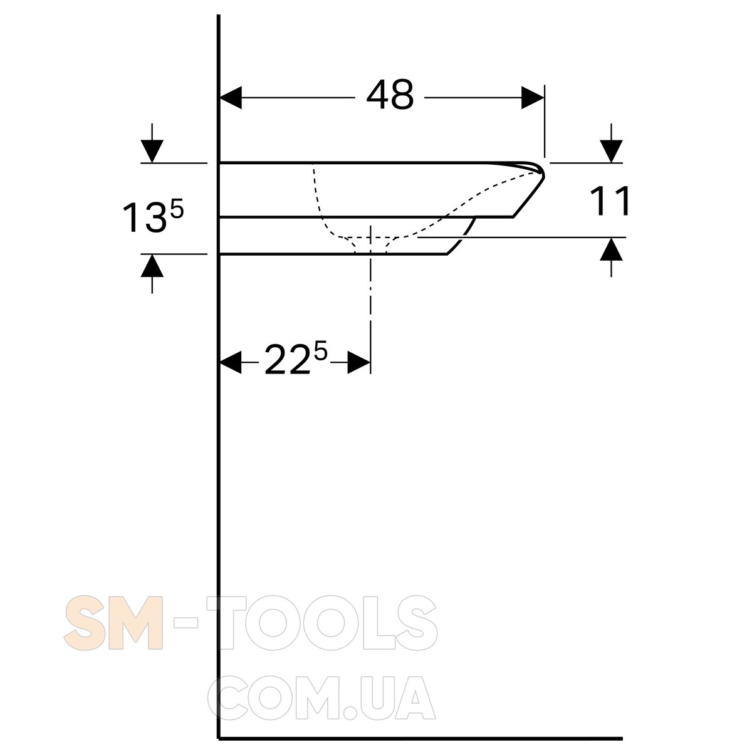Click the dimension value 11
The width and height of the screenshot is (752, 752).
coord(610,201)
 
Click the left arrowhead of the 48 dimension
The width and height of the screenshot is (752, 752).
coord(231,97)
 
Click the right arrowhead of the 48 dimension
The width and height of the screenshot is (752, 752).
coord(533,98)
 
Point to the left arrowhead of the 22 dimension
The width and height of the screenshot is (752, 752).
coord(231,362)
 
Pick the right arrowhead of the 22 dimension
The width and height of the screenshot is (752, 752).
coord(358,362)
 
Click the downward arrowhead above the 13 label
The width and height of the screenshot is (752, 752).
coord(152,150)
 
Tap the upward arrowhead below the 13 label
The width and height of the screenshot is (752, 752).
coord(152,266)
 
